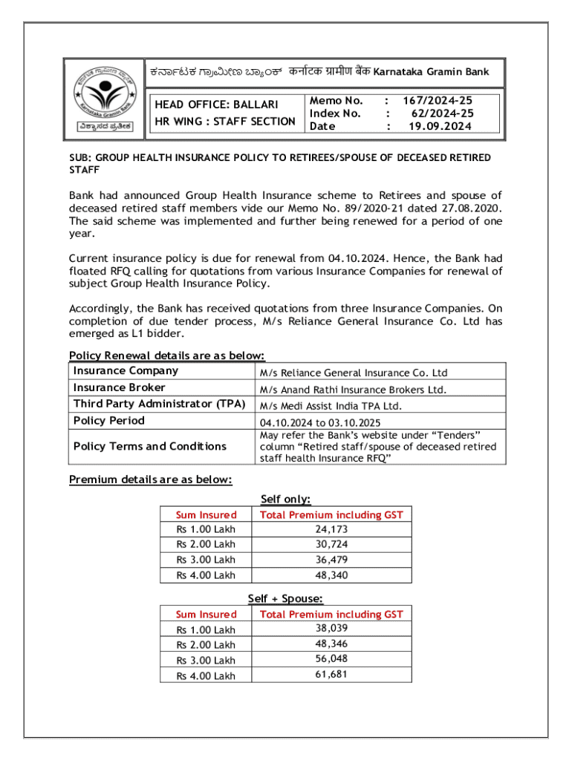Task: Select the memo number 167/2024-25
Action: point(438,100)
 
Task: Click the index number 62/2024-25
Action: point(442,114)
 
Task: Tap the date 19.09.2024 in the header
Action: point(440,127)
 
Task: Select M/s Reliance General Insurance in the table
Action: point(353,373)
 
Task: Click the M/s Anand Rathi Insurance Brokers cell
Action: point(352,390)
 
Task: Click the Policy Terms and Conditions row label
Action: point(150,446)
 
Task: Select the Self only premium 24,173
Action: point(331,529)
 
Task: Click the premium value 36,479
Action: point(331,560)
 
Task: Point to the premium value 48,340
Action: point(331,575)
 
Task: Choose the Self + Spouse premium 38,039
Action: point(331,628)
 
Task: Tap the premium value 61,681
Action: point(331,675)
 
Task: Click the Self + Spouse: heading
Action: point(285,599)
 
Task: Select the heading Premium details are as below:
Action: point(151,479)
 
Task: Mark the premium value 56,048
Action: point(331,659)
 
